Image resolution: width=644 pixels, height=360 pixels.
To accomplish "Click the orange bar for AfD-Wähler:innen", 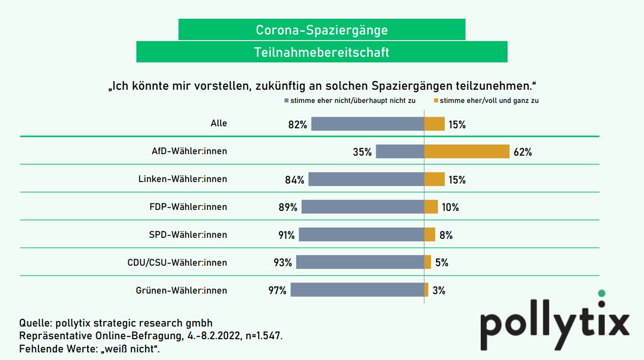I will click(467, 152).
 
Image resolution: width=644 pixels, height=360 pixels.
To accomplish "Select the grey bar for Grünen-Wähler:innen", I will click(357, 290).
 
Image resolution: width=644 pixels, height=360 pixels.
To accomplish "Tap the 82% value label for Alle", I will click(298, 124).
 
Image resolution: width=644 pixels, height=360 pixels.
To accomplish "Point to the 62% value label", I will click(522, 152).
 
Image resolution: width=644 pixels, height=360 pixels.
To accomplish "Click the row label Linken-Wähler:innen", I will click(183, 179).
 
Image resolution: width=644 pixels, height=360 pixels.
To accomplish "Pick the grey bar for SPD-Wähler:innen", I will click(361, 235).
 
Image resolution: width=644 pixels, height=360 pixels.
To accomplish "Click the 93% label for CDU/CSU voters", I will click(282, 263).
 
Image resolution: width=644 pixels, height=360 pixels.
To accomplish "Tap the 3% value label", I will click(439, 291).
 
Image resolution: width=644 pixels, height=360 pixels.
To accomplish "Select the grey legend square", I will click(287, 101).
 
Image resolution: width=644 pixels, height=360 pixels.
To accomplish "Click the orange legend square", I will click(436, 101).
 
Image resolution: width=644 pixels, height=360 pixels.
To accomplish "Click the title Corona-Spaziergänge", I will click(321, 30).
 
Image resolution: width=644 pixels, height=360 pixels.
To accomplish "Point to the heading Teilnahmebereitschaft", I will click(321, 52).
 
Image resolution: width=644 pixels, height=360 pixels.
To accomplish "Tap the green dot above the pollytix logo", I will click(602, 293).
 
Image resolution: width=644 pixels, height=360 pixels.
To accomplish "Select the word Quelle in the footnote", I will click(34, 323).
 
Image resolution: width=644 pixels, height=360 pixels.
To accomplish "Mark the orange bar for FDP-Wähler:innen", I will click(431, 207).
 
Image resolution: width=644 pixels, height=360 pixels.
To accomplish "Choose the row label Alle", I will click(219, 123).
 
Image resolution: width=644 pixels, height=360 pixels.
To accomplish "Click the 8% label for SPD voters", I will click(446, 235).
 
